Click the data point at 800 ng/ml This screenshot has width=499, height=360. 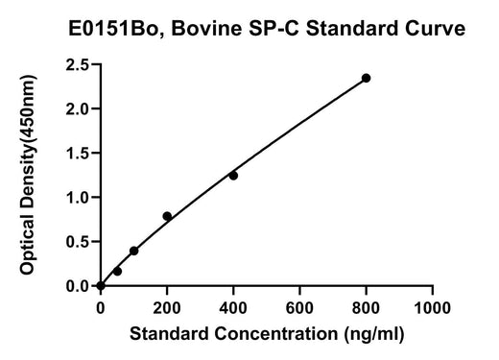pos(366,78)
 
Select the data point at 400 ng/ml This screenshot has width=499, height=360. pos(233,176)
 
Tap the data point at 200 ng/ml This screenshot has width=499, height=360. pos(167,216)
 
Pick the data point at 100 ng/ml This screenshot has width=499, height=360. pos(134,251)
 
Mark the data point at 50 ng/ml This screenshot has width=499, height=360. pos(117,272)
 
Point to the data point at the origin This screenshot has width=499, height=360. pos(101,285)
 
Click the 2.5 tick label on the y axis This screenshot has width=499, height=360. pos(77,65)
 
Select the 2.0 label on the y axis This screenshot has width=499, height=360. pos(77,109)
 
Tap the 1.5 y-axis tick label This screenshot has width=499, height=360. pos(77,154)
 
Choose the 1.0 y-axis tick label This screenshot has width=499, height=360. pos(77,198)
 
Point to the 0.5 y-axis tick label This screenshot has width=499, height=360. pos(77,242)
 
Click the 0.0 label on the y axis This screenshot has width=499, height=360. pos(77,286)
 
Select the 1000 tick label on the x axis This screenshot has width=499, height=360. pos(433,308)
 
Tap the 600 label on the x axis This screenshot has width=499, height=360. pos(299,308)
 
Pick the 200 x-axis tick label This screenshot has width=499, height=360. pos(167,308)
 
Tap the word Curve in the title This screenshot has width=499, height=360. pos(436,29)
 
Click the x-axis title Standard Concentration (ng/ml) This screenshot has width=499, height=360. pos(267,334)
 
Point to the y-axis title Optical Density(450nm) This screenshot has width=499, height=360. pos(28,175)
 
